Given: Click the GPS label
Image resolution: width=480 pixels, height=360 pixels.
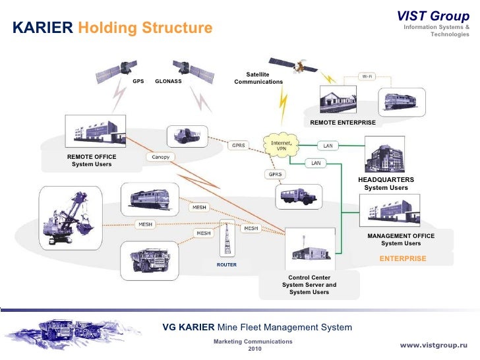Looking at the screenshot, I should [x=138, y=82].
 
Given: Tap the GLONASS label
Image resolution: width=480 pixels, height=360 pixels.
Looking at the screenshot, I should [x=168, y=82].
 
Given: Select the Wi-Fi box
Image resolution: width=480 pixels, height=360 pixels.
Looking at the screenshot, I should [x=367, y=76].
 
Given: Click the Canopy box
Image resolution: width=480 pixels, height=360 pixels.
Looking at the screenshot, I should [x=161, y=157].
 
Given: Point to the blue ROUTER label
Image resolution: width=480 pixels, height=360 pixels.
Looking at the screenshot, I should [x=226, y=264].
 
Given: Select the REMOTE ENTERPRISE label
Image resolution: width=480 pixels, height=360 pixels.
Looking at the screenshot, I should [x=342, y=123].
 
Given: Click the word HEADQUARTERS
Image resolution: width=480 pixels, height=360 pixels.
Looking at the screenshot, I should [x=386, y=179].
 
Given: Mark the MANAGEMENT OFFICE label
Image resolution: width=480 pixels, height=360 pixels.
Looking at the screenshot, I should [x=400, y=235].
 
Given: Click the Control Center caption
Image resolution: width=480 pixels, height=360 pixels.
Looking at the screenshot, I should [x=309, y=278].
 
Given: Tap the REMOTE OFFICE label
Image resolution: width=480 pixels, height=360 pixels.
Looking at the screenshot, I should [x=92, y=156].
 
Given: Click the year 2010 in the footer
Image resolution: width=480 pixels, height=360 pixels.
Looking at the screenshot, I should [x=253, y=349].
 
